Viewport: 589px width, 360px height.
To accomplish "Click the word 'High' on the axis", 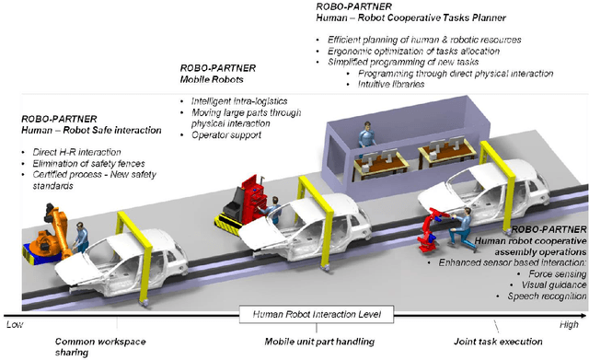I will [572, 324].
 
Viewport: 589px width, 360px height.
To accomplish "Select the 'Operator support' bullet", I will [225, 134].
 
